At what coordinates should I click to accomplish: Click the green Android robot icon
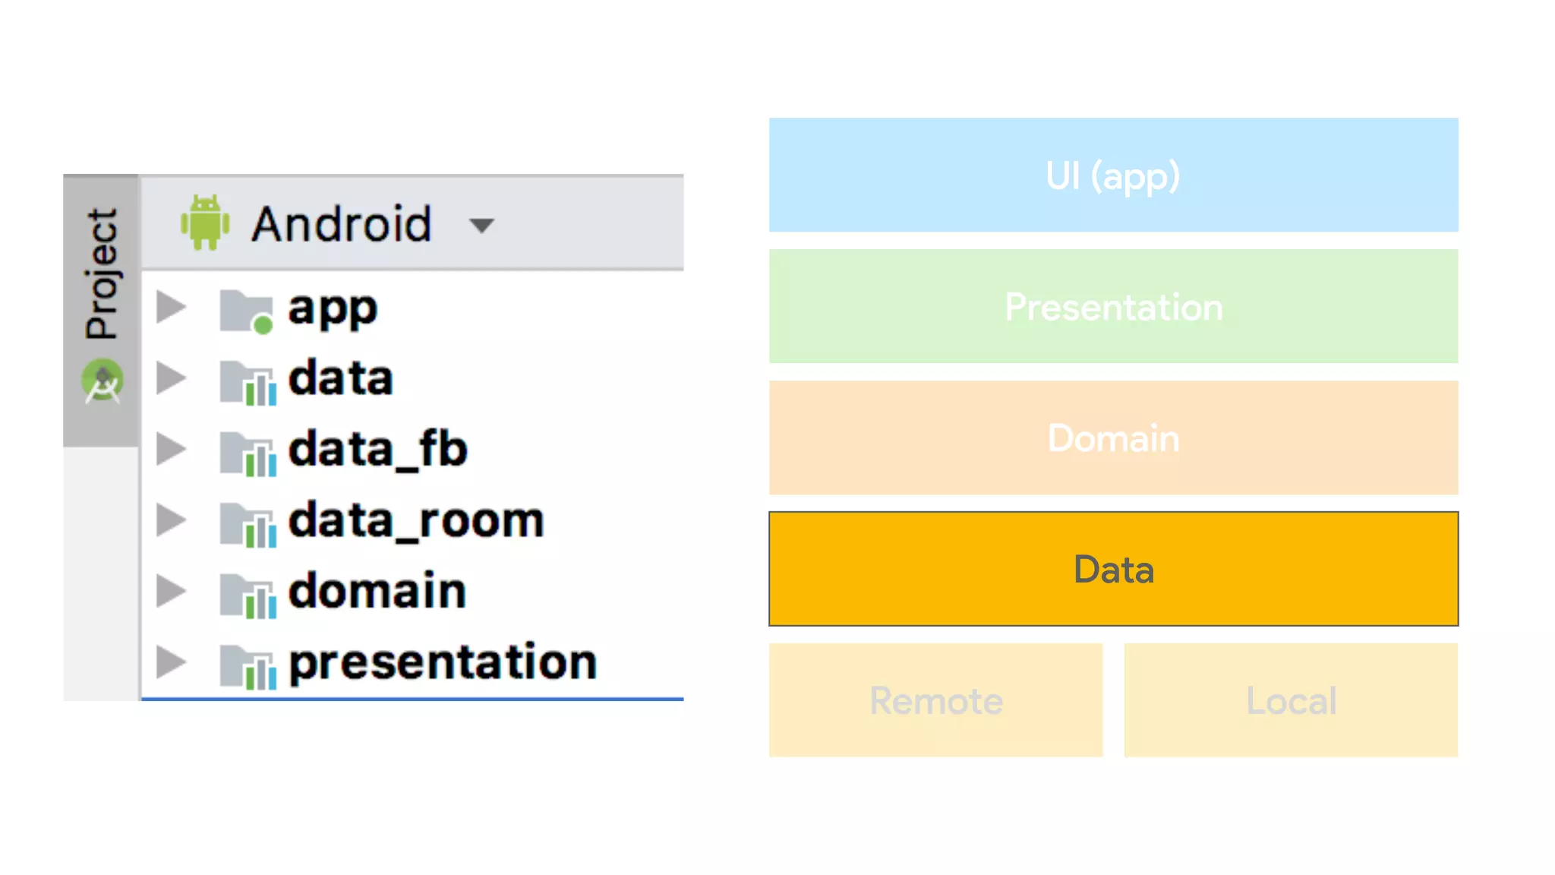point(204,223)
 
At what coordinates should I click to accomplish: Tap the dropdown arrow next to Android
point(481,225)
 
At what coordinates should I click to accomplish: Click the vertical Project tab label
point(102,273)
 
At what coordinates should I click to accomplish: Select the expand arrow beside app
point(172,307)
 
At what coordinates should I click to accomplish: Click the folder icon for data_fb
point(248,452)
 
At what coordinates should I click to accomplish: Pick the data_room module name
point(416,521)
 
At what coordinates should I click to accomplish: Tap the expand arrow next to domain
point(172,591)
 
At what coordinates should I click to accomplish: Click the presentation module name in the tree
point(443,662)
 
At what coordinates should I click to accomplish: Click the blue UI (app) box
point(1113,175)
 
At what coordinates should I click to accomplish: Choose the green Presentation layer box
point(1113,306)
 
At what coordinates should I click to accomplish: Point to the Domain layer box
point(1113,437)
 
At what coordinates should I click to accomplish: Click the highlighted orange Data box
point(1113,569)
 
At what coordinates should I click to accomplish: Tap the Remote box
point(935,700)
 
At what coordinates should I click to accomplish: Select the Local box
point(1291,700)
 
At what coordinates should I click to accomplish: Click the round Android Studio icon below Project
point(103,381)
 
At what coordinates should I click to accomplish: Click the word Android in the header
point(342,224)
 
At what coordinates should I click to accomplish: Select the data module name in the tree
point(340,378)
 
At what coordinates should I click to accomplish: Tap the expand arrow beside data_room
point(172,520)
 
